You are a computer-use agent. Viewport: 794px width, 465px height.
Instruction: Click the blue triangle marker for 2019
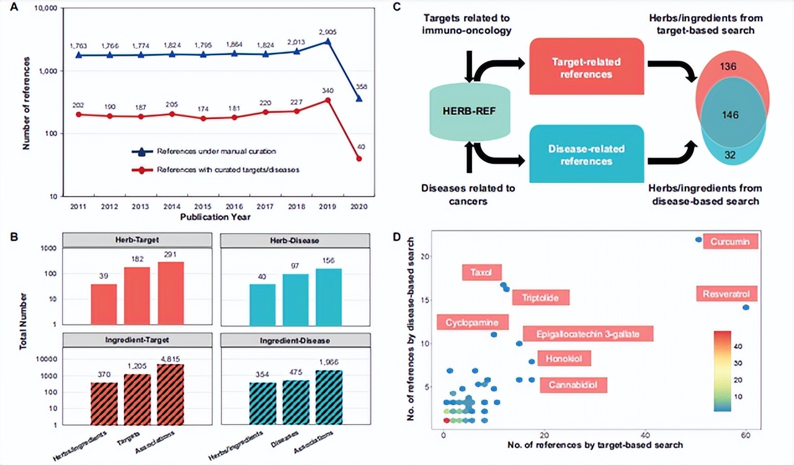328,42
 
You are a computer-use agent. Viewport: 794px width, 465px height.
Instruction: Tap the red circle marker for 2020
360,159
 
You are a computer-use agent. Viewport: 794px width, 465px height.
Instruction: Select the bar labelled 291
171,293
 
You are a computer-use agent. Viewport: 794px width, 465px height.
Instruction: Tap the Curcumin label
730,241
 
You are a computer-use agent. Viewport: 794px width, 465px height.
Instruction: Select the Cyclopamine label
473,322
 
